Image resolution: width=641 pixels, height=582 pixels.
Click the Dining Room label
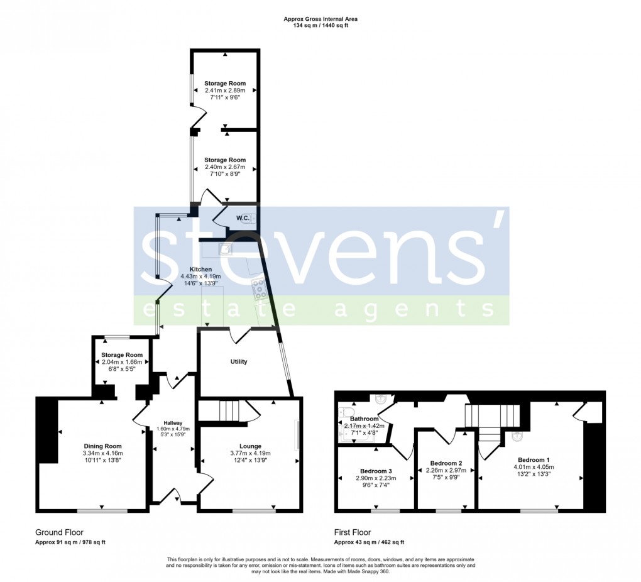(x=102, y=446)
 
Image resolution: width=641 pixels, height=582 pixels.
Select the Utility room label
(x=239, y=361)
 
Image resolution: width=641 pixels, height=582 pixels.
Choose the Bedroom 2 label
(x=447, y=463)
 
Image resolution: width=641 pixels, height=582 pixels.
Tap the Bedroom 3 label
(x=376, y=471)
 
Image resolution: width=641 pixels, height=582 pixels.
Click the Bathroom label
(x=364, y=419)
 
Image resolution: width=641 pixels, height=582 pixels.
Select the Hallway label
(x=173, y=423)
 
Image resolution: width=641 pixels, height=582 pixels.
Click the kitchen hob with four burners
(x=259, y=290)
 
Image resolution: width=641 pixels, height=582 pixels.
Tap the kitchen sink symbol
(x=225, y=250)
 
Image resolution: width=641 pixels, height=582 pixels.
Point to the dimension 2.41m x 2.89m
(x=225, y=91)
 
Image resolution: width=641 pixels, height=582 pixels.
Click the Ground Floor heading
(x=59, y=532)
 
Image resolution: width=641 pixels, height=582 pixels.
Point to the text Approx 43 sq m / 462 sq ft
(x=368, y=542)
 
